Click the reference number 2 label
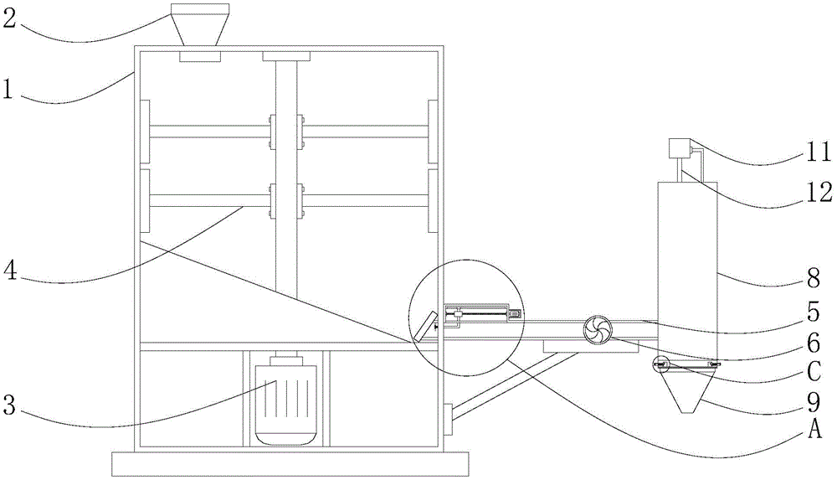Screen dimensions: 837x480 (9, 18)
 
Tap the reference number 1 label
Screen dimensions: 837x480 (8, 90)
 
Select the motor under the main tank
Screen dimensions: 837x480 (286, 400)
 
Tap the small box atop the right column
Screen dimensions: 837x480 (680, 149)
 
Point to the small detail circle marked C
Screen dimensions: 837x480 (660, 364)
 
